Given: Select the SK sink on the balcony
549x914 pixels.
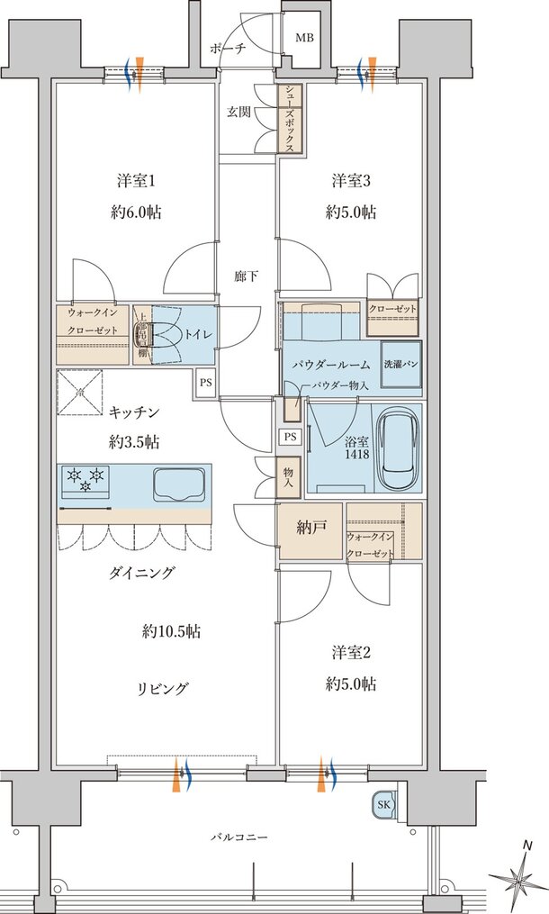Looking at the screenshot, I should point(382,804).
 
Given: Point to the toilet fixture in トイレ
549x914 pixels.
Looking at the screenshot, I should point(143,334).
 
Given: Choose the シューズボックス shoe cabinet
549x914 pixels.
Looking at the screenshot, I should point(290,120).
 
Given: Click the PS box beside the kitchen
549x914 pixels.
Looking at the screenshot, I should point(206,381).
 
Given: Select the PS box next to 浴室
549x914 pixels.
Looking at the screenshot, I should point(289,437).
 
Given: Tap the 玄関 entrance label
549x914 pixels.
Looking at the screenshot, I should point(238,112).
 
